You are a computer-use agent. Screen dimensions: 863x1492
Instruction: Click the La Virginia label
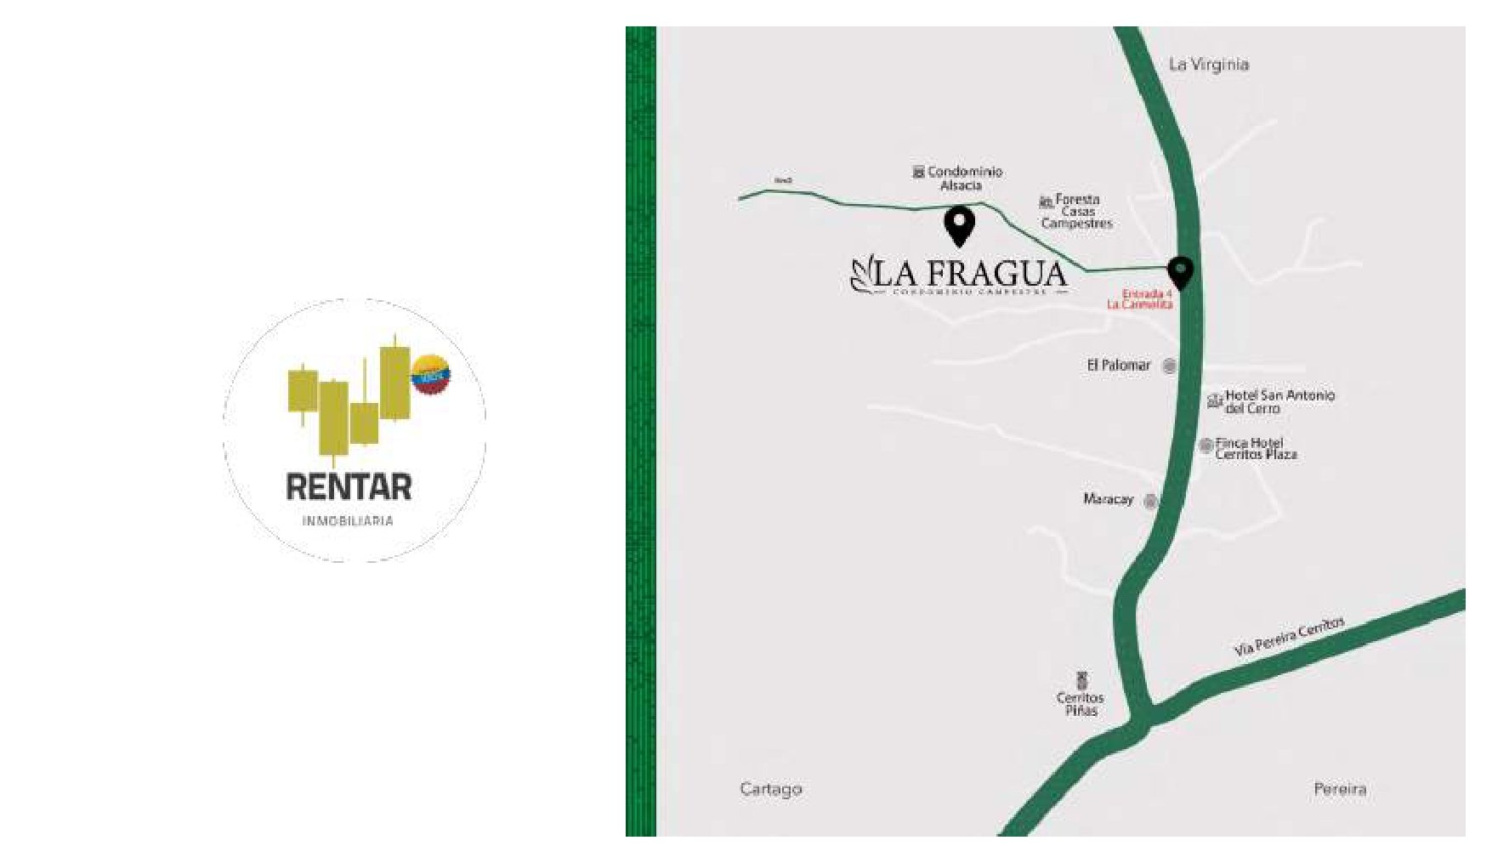pyautogui.click(x=1208, y=65)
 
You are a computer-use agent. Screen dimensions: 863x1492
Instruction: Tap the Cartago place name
pyautogui.click(x=771, y=789)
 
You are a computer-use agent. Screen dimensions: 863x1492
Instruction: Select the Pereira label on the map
pyautogui.click(x=1340, y=789)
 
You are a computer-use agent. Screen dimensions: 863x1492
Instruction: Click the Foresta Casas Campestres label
pyautogui.click(x=1077, y=212)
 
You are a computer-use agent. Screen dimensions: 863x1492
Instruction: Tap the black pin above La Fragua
pyautogui.click(x=959, y=225)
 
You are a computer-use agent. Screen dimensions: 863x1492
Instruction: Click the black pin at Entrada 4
pyautogui.click(x=1180, y=272)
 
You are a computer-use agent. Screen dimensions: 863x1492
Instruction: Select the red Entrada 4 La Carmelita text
pyautogui.click(x=1140, y=299)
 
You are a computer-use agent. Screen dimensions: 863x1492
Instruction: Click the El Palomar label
pyautogui.click(x=1118, y=366)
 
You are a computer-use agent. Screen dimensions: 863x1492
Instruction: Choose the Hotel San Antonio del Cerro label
pyautogui.click(x=1279, y=401)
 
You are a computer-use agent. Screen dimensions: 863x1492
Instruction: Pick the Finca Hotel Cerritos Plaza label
pyautogui.click(x=1256, y=449)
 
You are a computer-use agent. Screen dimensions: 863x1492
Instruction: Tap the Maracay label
pyautogui.click(x=1108, y=499)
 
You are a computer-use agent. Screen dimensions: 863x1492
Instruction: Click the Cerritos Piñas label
pyautogui.click(x=1081, y=704)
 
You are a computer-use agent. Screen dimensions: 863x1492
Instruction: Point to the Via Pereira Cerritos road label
pyautogui.click(x=1289, y=636)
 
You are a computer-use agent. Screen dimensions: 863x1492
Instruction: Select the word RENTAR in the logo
pyautogui.click(x=349, y=488)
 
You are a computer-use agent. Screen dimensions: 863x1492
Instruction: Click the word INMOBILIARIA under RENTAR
pyautogui.click(x=348, y=520)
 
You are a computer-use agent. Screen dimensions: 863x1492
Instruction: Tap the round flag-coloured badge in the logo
pyautogui.click(x=430, y=374)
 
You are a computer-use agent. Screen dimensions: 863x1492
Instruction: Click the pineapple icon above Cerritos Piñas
pyautogui.click(x=1081, y=680)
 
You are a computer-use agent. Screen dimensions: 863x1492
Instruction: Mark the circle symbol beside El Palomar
pyautogui.click(x=1170, y=366)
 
